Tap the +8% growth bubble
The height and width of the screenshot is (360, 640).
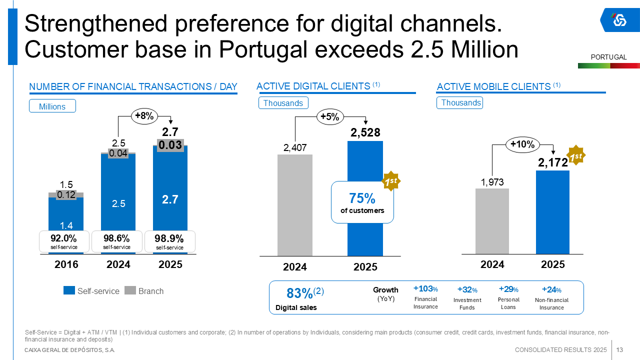[144, 116]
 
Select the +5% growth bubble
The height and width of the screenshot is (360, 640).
[329, 117]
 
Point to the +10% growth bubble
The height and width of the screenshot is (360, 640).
[522, 145]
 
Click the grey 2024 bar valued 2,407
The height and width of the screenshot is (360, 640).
[295, 205]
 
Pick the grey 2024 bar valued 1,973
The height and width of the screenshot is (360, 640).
[492, 221]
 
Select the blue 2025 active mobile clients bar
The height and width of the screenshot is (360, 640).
[552, 212]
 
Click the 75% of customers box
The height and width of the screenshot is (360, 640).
[362, 202]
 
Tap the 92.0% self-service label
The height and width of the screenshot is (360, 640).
[64, 241]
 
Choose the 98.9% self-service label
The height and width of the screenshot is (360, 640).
[169, 241]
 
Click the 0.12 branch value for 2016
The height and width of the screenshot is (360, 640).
[66, 195]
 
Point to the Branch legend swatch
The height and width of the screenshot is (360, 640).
[130, 290]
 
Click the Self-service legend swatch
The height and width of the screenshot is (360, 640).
[69, 290]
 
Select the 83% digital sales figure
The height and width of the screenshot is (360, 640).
[300, 293]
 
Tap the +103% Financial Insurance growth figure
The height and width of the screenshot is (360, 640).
[425, 288]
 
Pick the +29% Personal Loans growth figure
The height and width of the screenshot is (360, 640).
[508, 289]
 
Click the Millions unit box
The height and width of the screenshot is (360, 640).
[52, 106]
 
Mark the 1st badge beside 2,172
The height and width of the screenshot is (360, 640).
[576, 156]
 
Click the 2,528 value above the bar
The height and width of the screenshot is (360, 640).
[365, 132]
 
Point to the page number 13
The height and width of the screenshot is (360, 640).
[619, 349]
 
